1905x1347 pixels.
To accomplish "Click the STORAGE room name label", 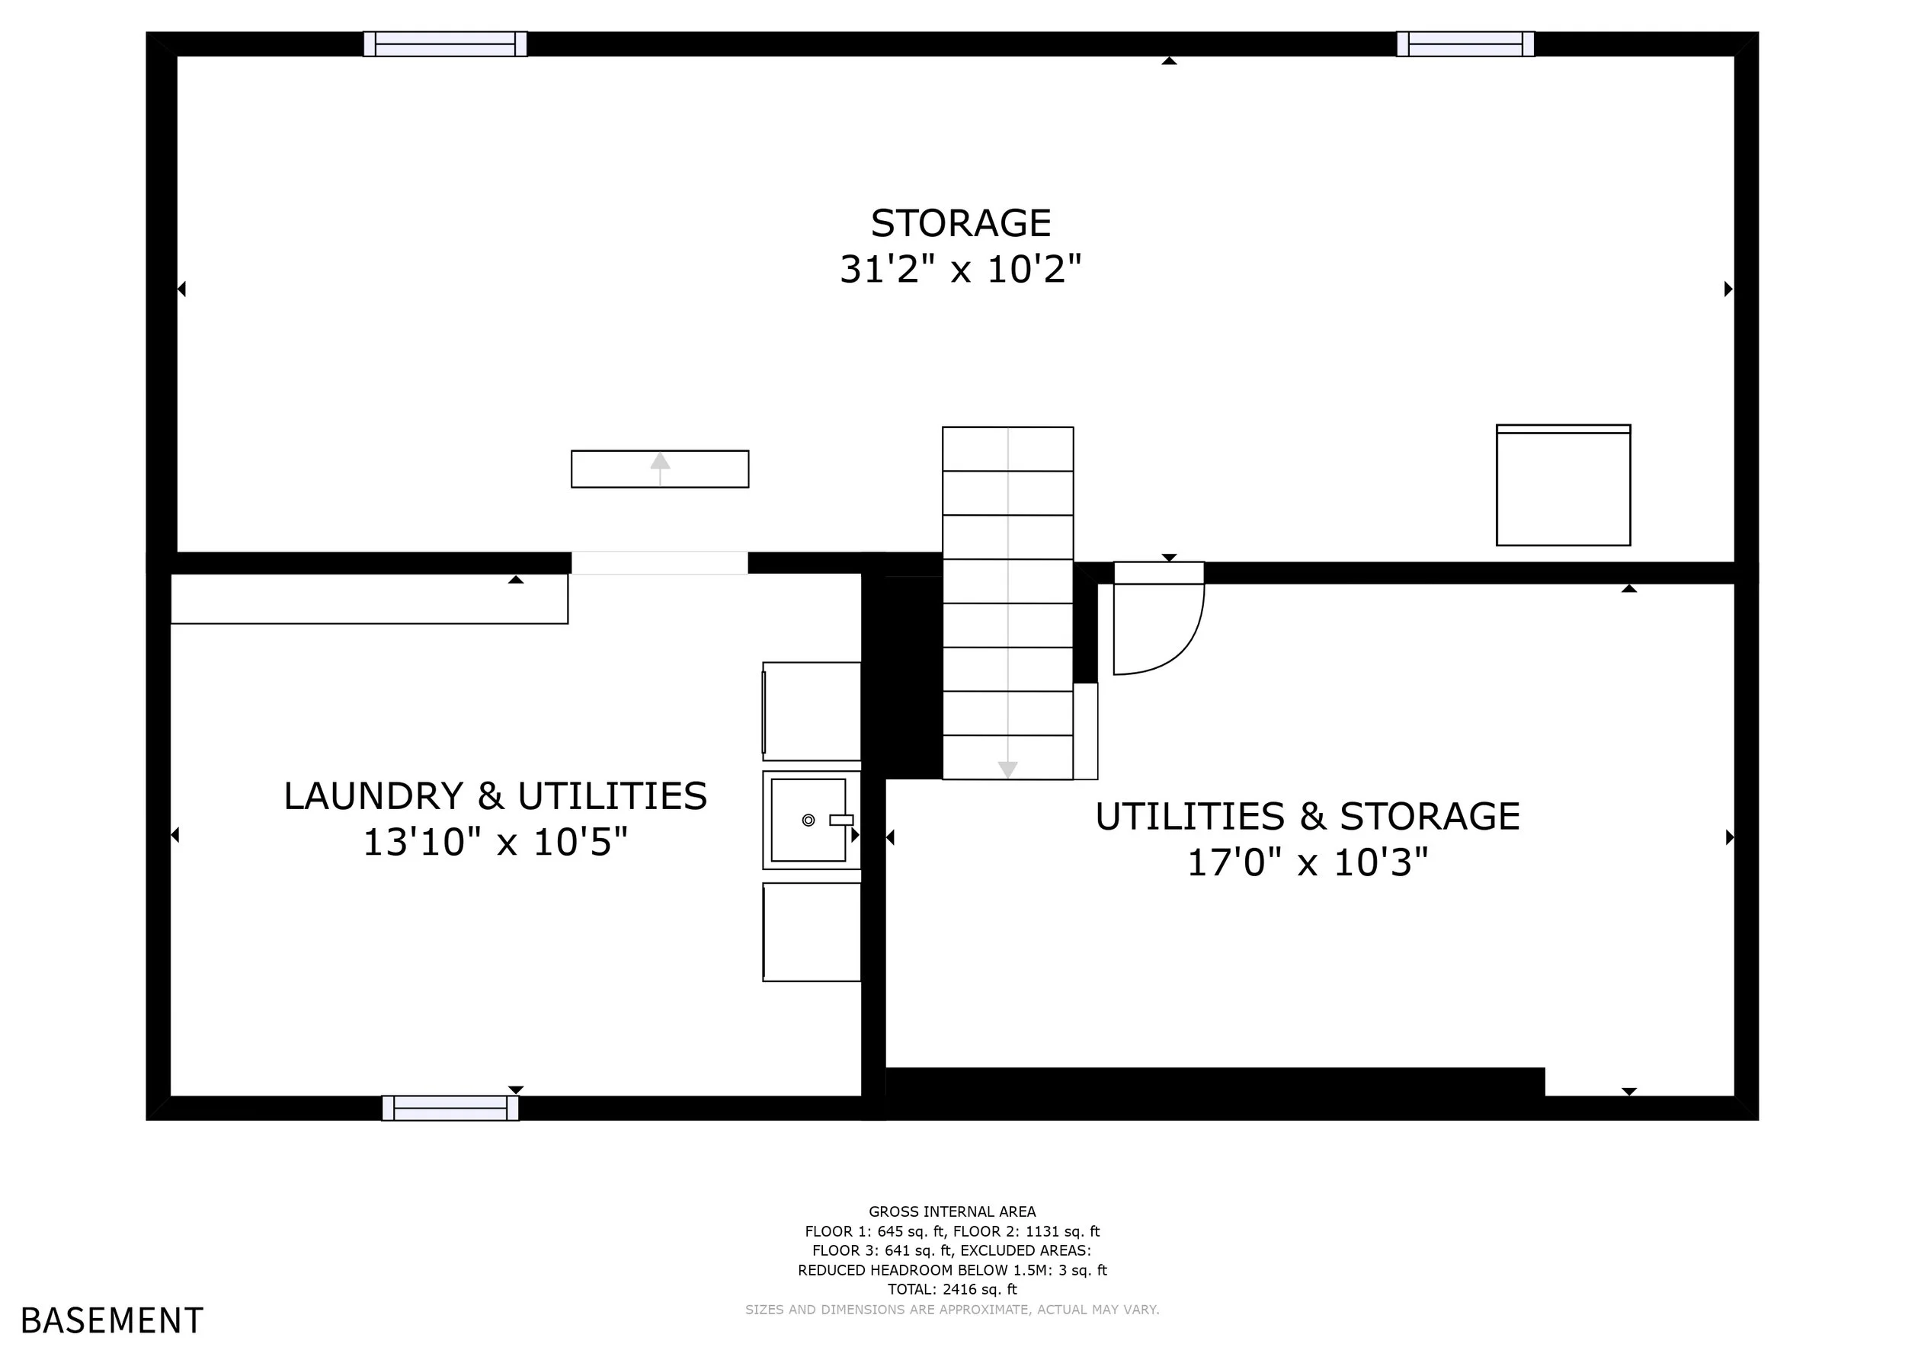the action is coord(961,223).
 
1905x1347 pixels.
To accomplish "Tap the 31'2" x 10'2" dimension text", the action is coord(961,269).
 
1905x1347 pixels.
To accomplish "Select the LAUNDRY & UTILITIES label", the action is coord(495,796).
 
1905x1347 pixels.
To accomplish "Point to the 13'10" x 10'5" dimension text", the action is coord(495,842).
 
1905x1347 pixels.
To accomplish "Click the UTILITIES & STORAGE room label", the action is coord(1308,816).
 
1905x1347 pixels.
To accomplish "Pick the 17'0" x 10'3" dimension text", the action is coord(1308,862).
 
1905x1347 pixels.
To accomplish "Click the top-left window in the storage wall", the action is coord(446,44).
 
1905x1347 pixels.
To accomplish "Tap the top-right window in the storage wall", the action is coord(1465,44).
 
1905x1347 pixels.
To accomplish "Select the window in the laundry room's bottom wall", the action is coord(450,1108).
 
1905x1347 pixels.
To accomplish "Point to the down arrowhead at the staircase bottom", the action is coord(1007,769).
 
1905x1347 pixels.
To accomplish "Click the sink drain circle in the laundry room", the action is coord(808,821).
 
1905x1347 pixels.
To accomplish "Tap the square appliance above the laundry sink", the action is coord(812,711).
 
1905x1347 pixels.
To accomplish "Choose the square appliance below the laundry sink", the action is coord(812,933).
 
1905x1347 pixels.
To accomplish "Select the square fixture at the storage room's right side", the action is coord(1563,485).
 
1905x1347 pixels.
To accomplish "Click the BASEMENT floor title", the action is coord(112,1320).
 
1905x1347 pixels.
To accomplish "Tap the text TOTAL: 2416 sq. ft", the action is coord(952,1290).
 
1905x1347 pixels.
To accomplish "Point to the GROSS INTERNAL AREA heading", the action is coord(952,1212).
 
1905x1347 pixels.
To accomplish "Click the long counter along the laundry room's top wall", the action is coord(370,599).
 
